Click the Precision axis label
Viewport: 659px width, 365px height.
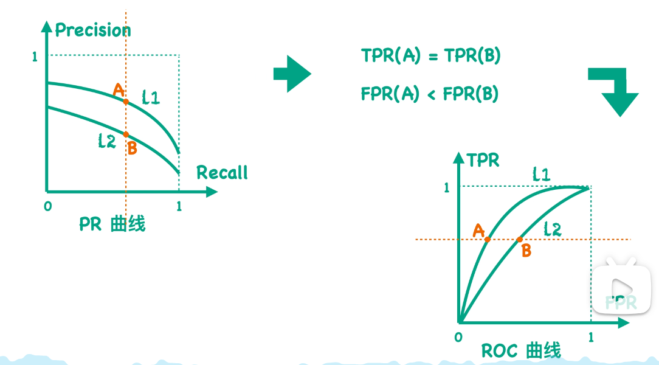(x=93, y=30)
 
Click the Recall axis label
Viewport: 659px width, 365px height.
(x=222, y=173)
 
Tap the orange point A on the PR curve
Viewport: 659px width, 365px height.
(x=126, y=102)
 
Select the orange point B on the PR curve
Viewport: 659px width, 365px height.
(x=126, y=134)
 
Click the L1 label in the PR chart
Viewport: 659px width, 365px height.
(x=150, y=96)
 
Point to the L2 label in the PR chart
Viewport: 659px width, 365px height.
(x=107, y=142)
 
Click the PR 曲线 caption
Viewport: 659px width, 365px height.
(x=112, y=224)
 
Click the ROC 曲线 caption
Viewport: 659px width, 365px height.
(x=521, y=350)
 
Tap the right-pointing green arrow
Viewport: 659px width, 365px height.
(x=292, y=74)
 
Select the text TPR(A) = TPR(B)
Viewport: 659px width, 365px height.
(x=430, y=56)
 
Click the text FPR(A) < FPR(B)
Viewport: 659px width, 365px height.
(x=429, y=94)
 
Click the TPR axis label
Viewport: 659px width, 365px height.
(x=483, y=160)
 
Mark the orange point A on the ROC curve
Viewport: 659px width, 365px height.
(x=488, y=240)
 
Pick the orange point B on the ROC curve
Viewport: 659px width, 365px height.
(x=520, y=240)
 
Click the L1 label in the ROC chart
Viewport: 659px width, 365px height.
(x=541, y=175)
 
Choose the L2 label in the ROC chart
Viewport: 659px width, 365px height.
(x=552, y=229)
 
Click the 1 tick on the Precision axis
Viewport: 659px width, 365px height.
(x=35, y=57)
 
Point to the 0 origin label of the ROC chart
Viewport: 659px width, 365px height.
(x=458, y=337)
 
